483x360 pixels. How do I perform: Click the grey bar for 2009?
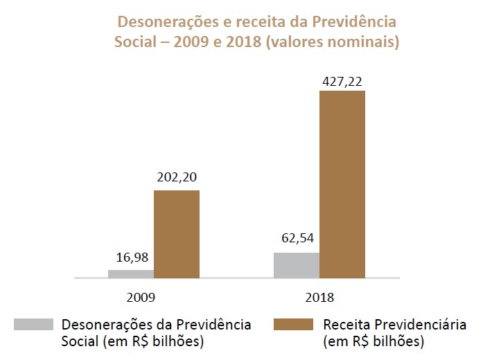131,273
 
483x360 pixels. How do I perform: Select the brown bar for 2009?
176,233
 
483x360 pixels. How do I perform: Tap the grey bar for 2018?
297,264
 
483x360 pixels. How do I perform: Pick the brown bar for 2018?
342,183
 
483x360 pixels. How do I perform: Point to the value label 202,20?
176,177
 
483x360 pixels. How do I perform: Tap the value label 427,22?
342,80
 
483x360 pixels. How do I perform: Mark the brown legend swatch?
294,325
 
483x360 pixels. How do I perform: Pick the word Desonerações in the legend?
103,325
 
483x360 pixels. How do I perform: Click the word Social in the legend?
80,341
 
